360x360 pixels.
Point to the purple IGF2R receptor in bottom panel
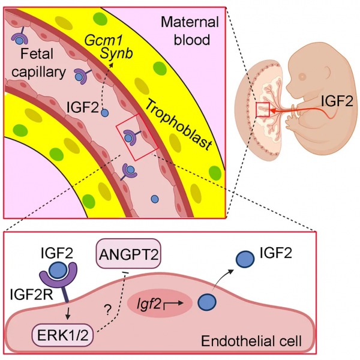click(59, 282)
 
